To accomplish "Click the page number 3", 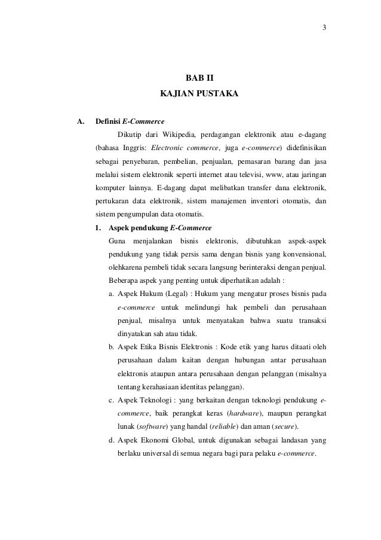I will tap(325, 27).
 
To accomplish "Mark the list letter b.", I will tap(112, 347).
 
